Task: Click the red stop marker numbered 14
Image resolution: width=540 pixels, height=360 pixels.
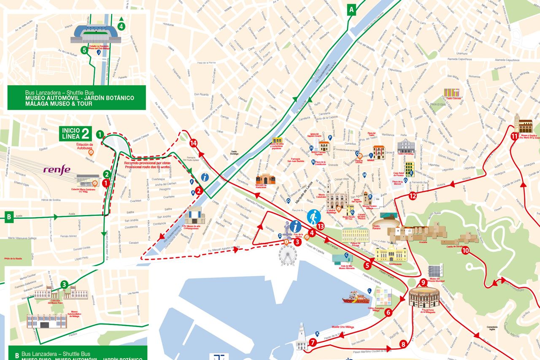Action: point(194,143)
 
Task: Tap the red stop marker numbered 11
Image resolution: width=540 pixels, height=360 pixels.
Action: point(514,136)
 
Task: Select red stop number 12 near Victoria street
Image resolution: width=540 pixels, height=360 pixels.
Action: point(413,196)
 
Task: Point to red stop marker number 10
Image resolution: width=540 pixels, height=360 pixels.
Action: point(465,250)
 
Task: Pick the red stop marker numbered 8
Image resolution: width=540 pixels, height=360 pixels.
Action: point(403,344)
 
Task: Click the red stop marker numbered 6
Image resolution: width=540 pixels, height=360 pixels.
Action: point(389,313)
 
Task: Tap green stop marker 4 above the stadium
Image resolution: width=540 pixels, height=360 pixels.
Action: point(122,27)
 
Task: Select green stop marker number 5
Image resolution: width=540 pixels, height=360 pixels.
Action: point(84,50)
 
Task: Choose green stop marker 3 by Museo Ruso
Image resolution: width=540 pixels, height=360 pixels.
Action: point(64,285)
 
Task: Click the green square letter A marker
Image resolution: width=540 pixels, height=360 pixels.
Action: point(351,9)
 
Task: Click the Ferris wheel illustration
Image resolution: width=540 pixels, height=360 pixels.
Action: point(288,255)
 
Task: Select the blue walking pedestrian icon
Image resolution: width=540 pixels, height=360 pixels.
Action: point(313,217)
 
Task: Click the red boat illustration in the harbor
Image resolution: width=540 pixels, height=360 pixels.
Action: point(355,298)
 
